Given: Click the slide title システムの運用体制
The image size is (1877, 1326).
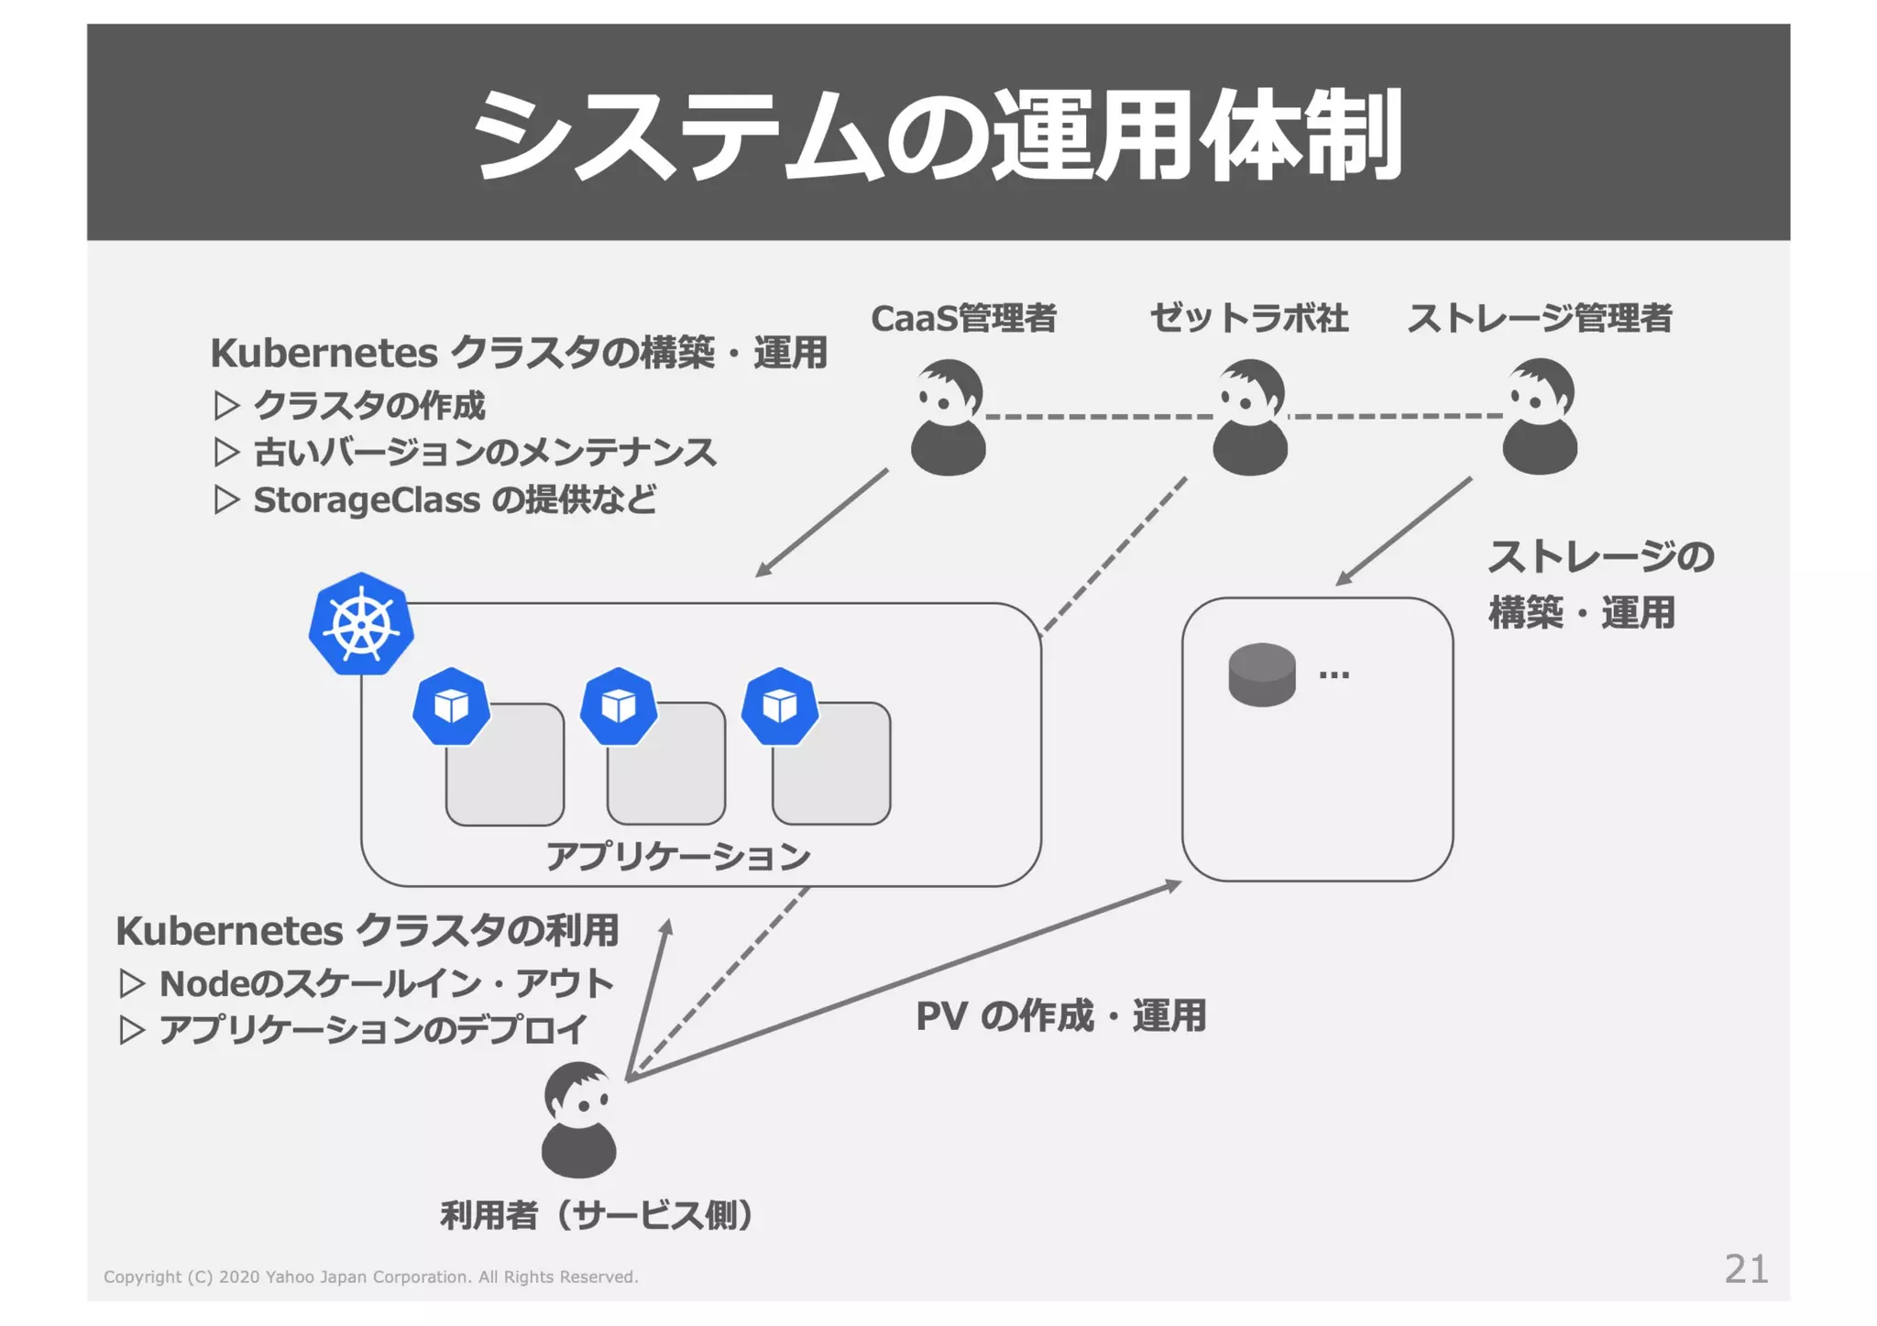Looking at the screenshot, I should [937, 136].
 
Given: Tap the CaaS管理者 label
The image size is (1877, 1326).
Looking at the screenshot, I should [963, 319].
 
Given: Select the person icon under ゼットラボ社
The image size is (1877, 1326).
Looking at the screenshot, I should [1250, 417].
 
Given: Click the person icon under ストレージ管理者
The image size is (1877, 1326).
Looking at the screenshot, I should [1540, 417].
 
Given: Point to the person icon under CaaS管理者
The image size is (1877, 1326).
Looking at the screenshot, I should [949, 417].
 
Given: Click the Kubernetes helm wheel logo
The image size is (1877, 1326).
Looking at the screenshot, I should [361, 626].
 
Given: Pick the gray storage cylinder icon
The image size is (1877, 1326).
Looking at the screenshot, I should [1262, 674].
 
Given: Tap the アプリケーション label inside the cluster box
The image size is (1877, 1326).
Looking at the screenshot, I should [678, 857].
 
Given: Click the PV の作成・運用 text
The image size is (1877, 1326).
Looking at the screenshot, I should [1060, 1015].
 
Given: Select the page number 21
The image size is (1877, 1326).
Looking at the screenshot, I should [1746, 1269].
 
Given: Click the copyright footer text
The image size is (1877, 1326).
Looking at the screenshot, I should [370, 1277].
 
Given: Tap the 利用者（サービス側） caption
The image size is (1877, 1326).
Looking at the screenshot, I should [597, 1215].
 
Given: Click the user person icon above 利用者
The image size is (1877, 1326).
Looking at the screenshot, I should [579, 1120].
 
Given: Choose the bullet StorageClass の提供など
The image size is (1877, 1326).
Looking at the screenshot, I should [455, 500].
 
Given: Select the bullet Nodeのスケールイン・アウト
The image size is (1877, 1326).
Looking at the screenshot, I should [385, 983].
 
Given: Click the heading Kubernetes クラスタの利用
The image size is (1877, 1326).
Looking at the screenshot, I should [368, 931].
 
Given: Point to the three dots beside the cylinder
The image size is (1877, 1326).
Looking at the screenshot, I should [1334, 676].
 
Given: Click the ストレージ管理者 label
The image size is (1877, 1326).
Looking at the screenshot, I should [1540, 319].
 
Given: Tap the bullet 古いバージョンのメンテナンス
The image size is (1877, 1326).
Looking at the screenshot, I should [484, 453].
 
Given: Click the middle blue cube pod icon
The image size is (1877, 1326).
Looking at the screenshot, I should [619, 706].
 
